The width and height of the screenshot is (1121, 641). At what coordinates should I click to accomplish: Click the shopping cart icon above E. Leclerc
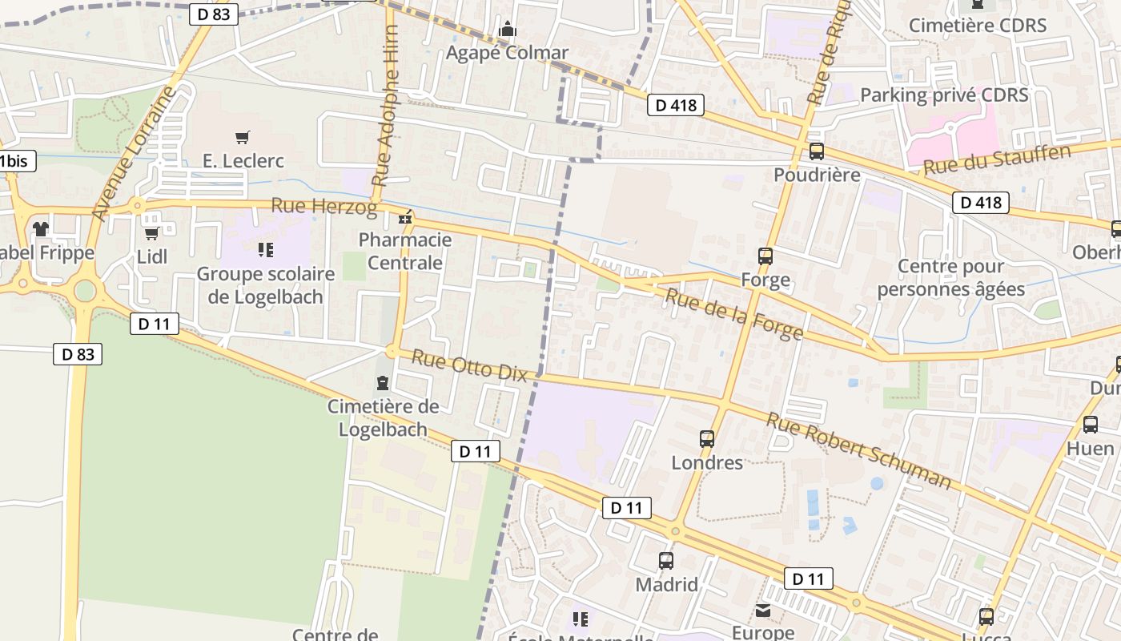click(x=243, y=138)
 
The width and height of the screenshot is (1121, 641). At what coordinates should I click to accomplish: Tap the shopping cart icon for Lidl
click(x=151, y=233)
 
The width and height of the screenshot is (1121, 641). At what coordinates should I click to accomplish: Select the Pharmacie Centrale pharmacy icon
click(x=406, y=217)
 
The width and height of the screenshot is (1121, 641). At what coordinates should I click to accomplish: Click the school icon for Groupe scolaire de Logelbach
click(x=266, y=250)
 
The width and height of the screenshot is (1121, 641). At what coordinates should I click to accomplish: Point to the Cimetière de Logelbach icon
click(x=383, y=383)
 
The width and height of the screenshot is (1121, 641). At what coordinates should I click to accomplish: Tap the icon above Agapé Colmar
click(x=507, y=30)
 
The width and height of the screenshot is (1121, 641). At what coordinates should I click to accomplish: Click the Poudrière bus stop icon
click(x=817, y=151)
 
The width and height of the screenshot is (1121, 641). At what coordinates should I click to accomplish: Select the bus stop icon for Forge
click(x=765, y=256)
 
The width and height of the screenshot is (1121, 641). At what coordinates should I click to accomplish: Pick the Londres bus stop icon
click(x=707, y=439)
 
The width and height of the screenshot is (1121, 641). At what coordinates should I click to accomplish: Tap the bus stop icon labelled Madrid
click(x=666, y=561)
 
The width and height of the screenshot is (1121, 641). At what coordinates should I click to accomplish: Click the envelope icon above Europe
click(x=763, y=611)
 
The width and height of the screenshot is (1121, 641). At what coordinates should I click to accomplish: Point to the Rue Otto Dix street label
click(x=469, y=365)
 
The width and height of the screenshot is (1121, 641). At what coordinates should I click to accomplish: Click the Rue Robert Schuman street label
click(x=859, y=450)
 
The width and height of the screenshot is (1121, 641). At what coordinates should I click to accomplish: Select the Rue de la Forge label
click(x=734, y=315)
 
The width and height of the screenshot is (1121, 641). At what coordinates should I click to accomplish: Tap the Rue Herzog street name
click(x=323, y=207)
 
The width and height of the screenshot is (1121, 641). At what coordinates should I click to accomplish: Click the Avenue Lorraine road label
click(x=133, y=154)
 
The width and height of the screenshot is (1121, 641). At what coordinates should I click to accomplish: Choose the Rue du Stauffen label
click(x=996, y=160)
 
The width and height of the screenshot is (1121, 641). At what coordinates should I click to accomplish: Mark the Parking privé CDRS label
click(x=944, y=95)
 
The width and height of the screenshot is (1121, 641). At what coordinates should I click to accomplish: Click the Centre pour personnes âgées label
click(x=951, y=277)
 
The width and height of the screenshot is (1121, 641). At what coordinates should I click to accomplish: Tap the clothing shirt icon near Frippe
click(x=41, y=229)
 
